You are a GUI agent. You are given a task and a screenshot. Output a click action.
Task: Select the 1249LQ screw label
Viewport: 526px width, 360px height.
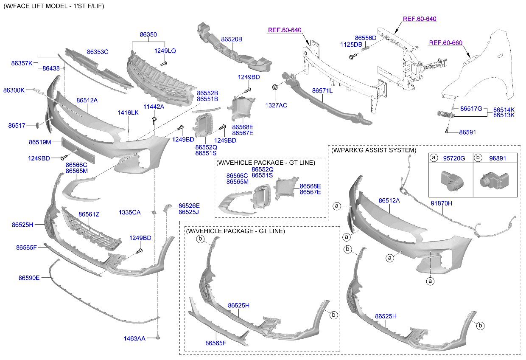pyautogui.click(x=165, y=51)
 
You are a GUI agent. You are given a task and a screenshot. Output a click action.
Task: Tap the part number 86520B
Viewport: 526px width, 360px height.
pyautogui.click(x=232, y=39)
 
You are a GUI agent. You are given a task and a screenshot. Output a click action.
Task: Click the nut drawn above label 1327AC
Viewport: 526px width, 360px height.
pyautogui.click(x=274, y=87)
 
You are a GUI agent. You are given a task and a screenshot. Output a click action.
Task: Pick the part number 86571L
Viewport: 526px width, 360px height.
pyautogui.click(x=322, y=91)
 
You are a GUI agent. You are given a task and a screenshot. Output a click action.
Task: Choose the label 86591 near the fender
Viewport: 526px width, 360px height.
pyautogui.click(x=467, y=132)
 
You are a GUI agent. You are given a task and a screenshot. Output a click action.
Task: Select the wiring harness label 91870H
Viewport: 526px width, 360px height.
pyautogui.click(x=442, y=203)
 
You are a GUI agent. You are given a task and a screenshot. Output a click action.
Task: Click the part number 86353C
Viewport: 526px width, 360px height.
pyautogui.click(x=98, y=52)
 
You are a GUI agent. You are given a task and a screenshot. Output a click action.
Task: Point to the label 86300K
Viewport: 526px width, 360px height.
pyautogui.click(x=14, y=90)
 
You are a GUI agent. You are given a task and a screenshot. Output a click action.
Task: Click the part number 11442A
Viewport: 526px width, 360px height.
pyautogui.click(x=154, y=107)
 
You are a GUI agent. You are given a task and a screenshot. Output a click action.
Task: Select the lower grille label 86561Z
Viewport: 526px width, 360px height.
pyautogui.click(x=89, y=215)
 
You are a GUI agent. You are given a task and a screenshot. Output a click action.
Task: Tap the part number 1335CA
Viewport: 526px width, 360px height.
pyautogui.click(x=129, y=212)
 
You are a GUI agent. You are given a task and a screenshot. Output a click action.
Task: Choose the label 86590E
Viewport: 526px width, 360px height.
pyautogui.click(x=29, y=278)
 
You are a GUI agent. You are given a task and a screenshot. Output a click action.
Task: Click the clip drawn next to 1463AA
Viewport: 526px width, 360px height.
pyautogui.click(x=158, y=337)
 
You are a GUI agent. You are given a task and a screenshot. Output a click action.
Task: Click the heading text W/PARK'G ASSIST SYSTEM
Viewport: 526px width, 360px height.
pyautogui.click(x=374, y=150)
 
